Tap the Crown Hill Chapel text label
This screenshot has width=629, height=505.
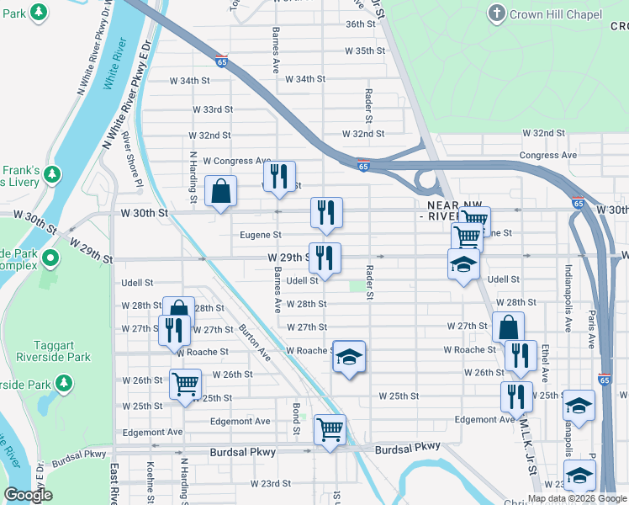(557, 14)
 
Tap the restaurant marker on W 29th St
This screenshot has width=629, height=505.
(324, 258)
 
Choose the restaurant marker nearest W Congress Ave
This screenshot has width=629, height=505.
(278, 176)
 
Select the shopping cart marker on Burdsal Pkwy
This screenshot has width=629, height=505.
(330, 429)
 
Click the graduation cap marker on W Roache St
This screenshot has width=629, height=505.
(348, 357)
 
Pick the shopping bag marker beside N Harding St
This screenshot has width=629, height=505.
(219, 190)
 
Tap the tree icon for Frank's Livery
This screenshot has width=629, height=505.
(52, 174)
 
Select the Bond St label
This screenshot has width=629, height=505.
(296, 419)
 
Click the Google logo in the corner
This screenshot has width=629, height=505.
(29, 495)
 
